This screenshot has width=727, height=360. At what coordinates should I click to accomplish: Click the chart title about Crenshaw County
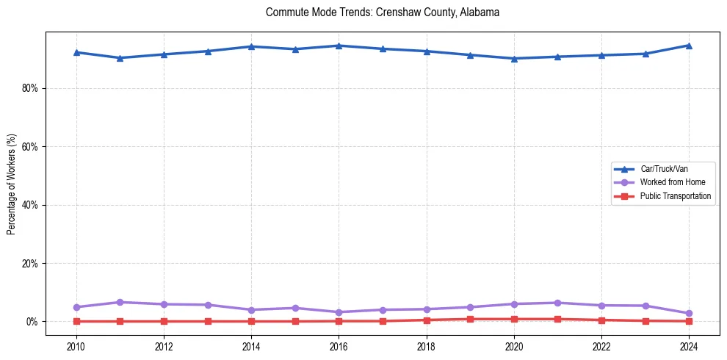(x=383, y=12)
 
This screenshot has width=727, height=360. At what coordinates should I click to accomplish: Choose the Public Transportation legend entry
(x=675, y=196)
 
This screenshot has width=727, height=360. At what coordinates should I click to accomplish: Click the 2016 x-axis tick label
(x=339, y=346)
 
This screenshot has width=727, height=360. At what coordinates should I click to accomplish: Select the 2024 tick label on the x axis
(x=689, y=346)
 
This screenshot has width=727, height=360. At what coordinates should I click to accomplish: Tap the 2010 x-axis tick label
(x=76, y=346)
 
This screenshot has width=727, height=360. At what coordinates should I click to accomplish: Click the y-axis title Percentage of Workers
(x=12, y=184)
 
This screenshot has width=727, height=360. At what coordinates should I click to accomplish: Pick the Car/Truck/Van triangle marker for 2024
(x=689, y=46)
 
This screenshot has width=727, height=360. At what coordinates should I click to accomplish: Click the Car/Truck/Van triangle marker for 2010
(x=76, y=52)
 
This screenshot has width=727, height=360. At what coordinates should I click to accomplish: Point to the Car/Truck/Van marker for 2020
(x=514, y=59)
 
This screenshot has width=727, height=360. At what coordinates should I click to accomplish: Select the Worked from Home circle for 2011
(x=120, y=302)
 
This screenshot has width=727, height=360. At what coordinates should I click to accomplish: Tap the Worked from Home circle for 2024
(x=689, y=314)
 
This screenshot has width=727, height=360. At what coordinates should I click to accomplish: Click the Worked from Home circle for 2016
(x=339, y=312)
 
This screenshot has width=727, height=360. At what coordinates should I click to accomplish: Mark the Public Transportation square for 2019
(x=470, y=319)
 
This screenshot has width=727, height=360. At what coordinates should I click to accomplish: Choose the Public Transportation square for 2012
(x=164, y=321)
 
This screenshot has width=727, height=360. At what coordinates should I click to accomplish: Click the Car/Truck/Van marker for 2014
(x=251, y=46)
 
